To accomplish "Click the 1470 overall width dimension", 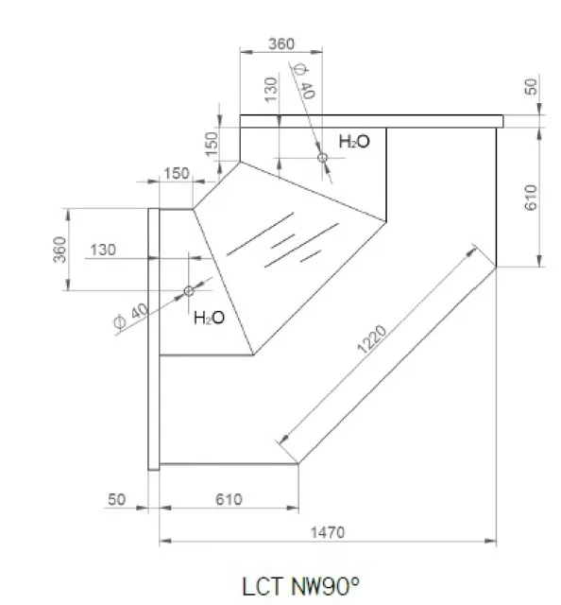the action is pos(328,532).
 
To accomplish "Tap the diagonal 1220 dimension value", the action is pos(372,339).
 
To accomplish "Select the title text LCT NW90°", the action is pos(300,586).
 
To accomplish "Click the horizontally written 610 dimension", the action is pos(229,499).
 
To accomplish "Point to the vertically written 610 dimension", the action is pos(531,198).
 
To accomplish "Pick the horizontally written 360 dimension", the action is pos(281,44).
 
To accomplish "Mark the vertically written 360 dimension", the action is pos(59,250).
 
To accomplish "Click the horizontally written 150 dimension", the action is pos(177,174).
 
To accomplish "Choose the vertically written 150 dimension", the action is pos(212,144).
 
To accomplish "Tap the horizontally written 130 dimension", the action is pos(103,250).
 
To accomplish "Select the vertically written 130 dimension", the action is pos(271,90).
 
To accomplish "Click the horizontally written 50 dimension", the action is pos(116,499).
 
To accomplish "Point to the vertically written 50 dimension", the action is pos(531,87).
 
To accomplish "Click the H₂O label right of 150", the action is pos(354,142).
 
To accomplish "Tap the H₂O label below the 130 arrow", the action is pos(209,318).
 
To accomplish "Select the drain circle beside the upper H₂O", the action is pos(322,158).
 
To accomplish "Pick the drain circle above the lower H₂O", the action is pos(189,290).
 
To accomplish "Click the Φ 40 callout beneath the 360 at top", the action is pos(305,81).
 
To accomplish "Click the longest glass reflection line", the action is pos(301,245).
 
